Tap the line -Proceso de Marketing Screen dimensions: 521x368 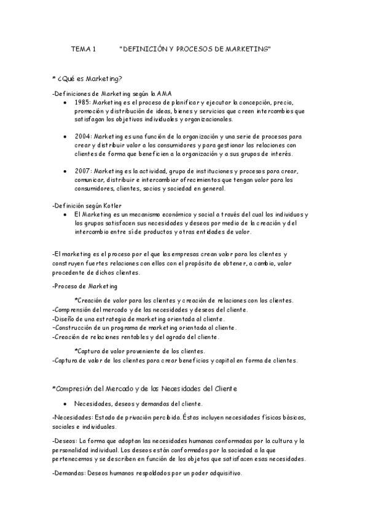pos(85,286)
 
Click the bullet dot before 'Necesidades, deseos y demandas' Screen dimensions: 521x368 pos(65,404)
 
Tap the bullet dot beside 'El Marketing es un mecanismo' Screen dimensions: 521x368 pos(65,214)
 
